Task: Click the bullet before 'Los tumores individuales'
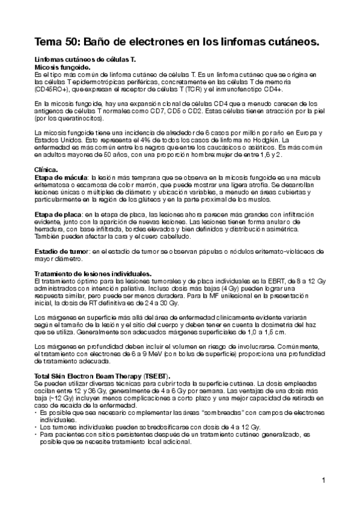pyautogui.click(x=35, y=426)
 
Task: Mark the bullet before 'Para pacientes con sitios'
pyautogui.click(x=35, y=433)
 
